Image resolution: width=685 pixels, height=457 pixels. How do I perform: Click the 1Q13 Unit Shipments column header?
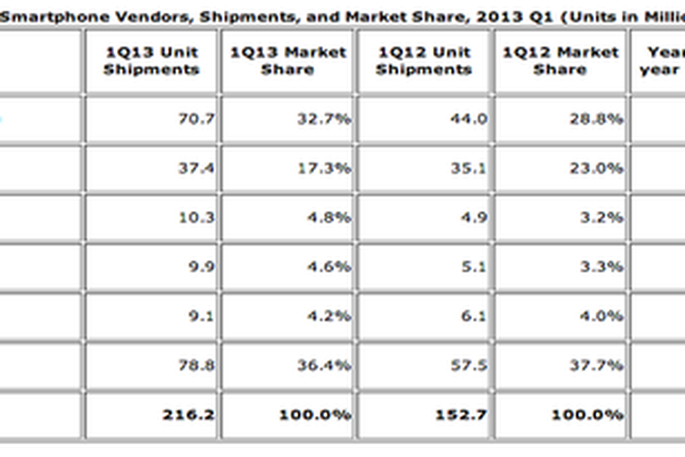[x=152, y=61]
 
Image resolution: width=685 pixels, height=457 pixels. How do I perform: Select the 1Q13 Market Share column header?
[x=288, y=61]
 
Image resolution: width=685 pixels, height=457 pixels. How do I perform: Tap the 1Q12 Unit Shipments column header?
[x=425, y=61]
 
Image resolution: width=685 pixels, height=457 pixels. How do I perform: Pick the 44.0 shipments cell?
[x=470, y=119]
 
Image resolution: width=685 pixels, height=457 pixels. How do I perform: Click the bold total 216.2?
[x=193, y=414]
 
